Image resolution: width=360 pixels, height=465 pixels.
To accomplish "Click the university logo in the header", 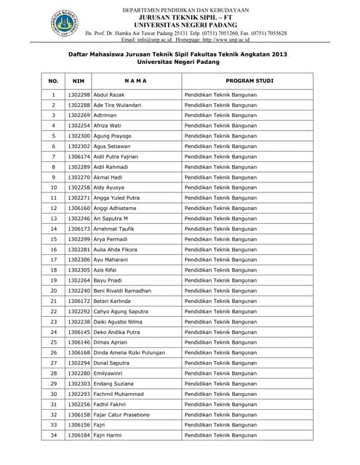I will coord(65,23).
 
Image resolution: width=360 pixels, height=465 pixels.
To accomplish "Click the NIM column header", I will coord(78,81).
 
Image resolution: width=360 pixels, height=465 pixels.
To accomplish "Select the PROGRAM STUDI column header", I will coord(249,81).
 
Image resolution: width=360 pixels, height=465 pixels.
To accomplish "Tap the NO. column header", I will coord(53,81).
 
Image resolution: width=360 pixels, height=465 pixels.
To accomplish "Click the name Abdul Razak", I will coord(110,95).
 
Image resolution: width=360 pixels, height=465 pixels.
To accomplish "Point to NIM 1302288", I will coord(78,105).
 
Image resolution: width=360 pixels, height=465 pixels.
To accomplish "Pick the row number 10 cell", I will coord(53,187).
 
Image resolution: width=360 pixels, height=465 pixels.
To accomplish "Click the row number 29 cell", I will coord(53,383).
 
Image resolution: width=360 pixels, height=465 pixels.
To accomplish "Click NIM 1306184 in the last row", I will coord(78,434).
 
